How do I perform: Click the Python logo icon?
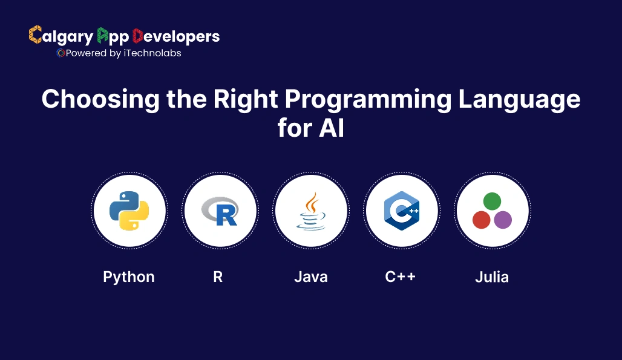[x=129, y=211]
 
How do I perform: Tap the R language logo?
[x=220, y=211]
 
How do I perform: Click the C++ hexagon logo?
[x=402, y=211]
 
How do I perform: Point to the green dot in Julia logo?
[x=492, y=201]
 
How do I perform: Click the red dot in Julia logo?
[x=481, y=220]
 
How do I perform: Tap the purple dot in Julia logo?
[x=503, y=220]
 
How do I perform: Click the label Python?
[x=129, y=277]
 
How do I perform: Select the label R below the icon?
[x=218, y=277]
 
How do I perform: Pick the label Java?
[x=311, y=277]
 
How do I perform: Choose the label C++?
[x=401, y=277]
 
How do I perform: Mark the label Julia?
[x=491, y=277]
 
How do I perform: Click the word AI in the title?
[x=332, y=128]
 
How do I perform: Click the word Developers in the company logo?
[x=175, y=36]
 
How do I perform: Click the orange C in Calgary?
[x=35, y=35]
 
